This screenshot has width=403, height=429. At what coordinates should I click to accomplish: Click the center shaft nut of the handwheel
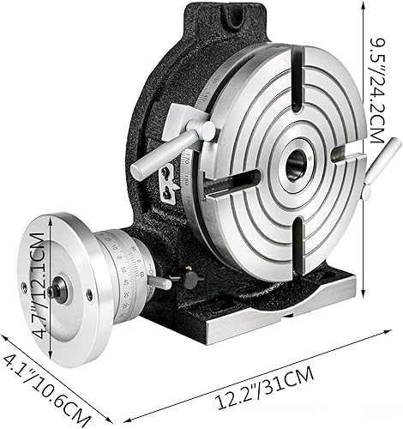(55, 290)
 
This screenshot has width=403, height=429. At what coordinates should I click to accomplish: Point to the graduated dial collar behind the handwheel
(120, 266)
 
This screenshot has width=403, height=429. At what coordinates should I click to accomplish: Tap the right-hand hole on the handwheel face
(89, 295)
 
